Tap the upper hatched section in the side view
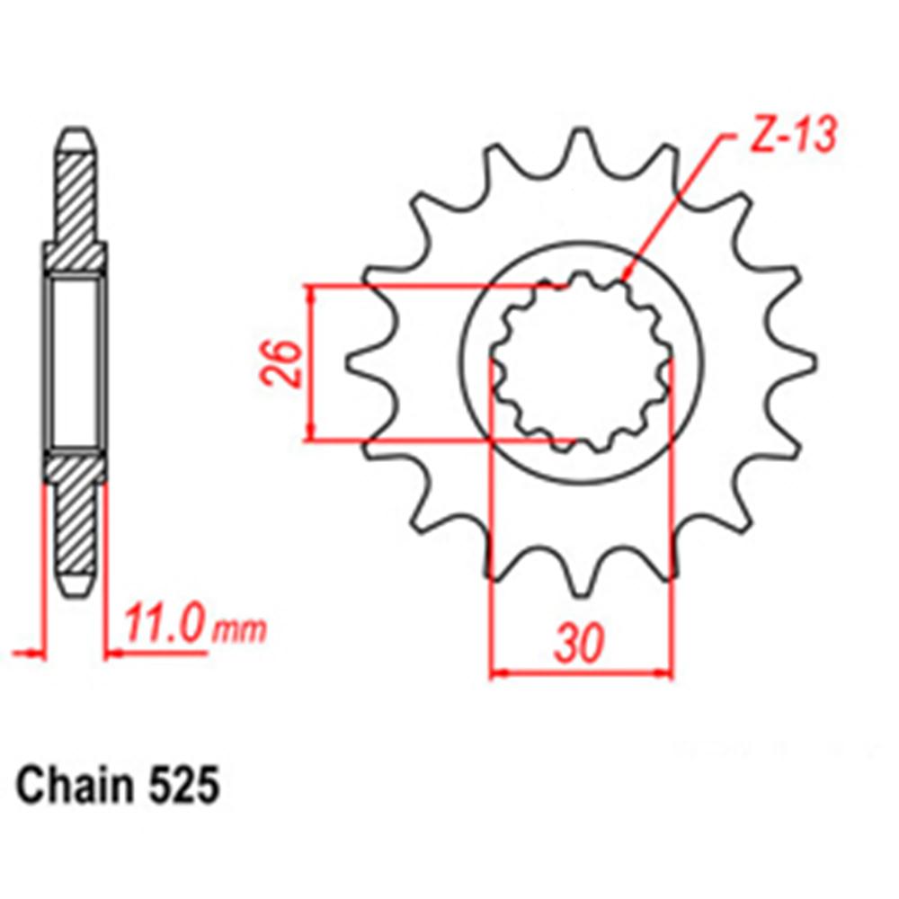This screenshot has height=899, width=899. pos(76,207)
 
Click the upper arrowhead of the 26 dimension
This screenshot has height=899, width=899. pos(311,293)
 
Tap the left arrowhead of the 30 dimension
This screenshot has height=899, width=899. pos(497,671)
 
